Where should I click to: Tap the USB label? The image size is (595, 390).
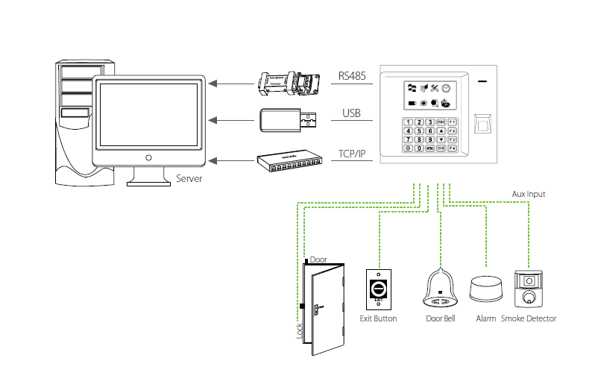[351, 113]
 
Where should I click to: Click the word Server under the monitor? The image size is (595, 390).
[189, 179]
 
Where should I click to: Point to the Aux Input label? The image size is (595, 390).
[528, 194]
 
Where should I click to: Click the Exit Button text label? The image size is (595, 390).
[378, 318]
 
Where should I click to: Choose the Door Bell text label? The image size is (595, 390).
[440, 318]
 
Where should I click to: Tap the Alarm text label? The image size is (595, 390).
[485, 318]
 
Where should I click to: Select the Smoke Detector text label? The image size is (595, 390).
[529, 318]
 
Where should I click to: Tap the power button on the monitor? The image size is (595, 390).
[149, 157]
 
